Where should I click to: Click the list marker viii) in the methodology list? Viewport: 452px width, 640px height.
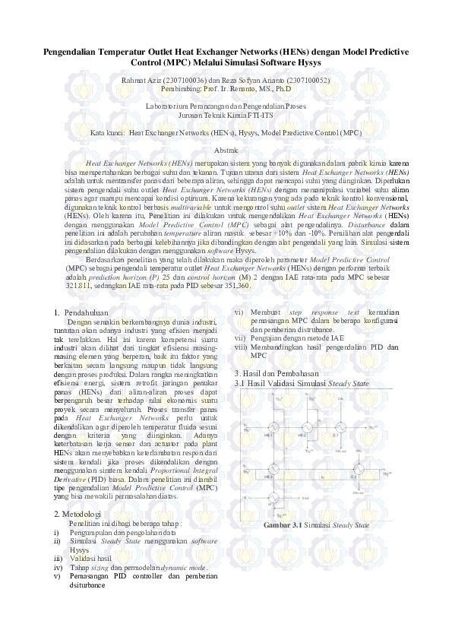click(240, 347)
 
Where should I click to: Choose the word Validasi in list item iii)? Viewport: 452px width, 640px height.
click(87, 558)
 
